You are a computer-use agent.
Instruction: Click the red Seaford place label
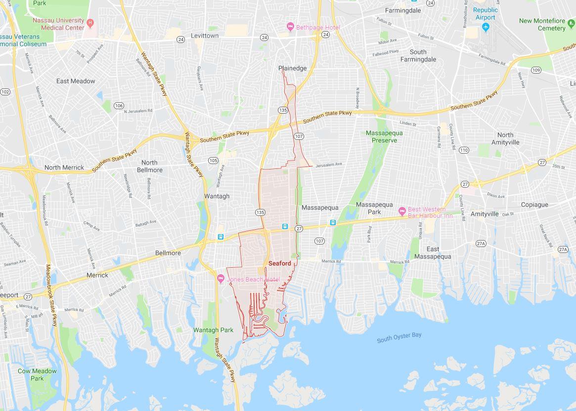click(280, 264)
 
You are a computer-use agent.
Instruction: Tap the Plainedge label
click(292, 68)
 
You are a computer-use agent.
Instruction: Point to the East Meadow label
click(76, 81)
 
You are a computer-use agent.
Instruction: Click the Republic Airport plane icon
click(486, 26)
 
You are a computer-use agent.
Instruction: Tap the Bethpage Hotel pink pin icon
click(291, 27)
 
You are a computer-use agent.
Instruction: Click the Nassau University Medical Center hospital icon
click(90, 22)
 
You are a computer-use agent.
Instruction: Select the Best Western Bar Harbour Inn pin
click(402, 211)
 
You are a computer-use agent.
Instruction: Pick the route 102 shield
click(5, 92)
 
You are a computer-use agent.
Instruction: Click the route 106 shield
click(119, 106)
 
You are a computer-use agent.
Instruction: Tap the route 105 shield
click(213, 161)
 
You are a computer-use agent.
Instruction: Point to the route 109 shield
click(536, 70)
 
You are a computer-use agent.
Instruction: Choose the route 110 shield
click(463, 150)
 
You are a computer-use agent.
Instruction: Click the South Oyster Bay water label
click(399, 337)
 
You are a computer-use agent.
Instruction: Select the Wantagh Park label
click(213, 330)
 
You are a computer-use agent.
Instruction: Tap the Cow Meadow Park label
click(37, 374)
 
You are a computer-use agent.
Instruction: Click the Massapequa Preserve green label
click(384, 136)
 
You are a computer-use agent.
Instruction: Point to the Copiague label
click(534, 205)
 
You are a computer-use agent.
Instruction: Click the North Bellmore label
click(149, 166)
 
